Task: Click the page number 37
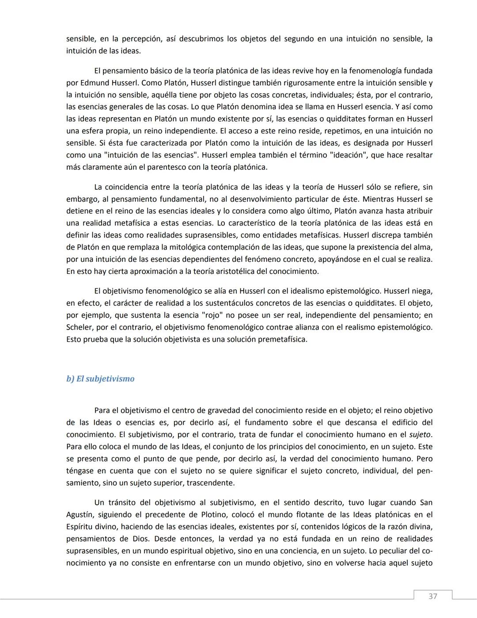coord(432,596)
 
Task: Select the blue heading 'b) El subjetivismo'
coord(100,379)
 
